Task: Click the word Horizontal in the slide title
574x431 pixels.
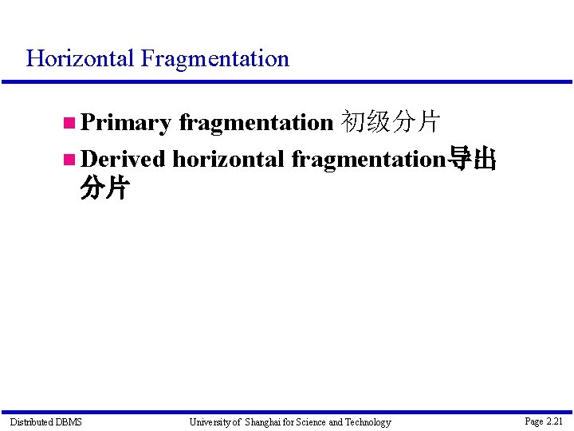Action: (81, 58)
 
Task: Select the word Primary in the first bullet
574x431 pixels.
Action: (126, 122)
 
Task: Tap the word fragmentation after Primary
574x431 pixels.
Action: (255, 122)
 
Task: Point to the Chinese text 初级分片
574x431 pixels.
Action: (390, 122)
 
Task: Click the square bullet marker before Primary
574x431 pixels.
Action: (69, 123)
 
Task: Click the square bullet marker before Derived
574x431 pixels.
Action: (69, 160)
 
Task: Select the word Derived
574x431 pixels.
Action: (123, 159)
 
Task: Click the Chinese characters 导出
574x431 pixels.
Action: (473, 160)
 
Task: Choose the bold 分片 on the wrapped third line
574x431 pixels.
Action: (104, 189)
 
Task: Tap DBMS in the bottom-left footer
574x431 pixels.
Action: (69, 421)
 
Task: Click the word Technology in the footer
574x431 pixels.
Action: (368, 421)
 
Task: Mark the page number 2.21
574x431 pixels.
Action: (554, 421)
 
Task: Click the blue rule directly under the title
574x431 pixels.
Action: (287, 81)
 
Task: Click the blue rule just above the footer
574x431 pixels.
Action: (287, 412)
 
